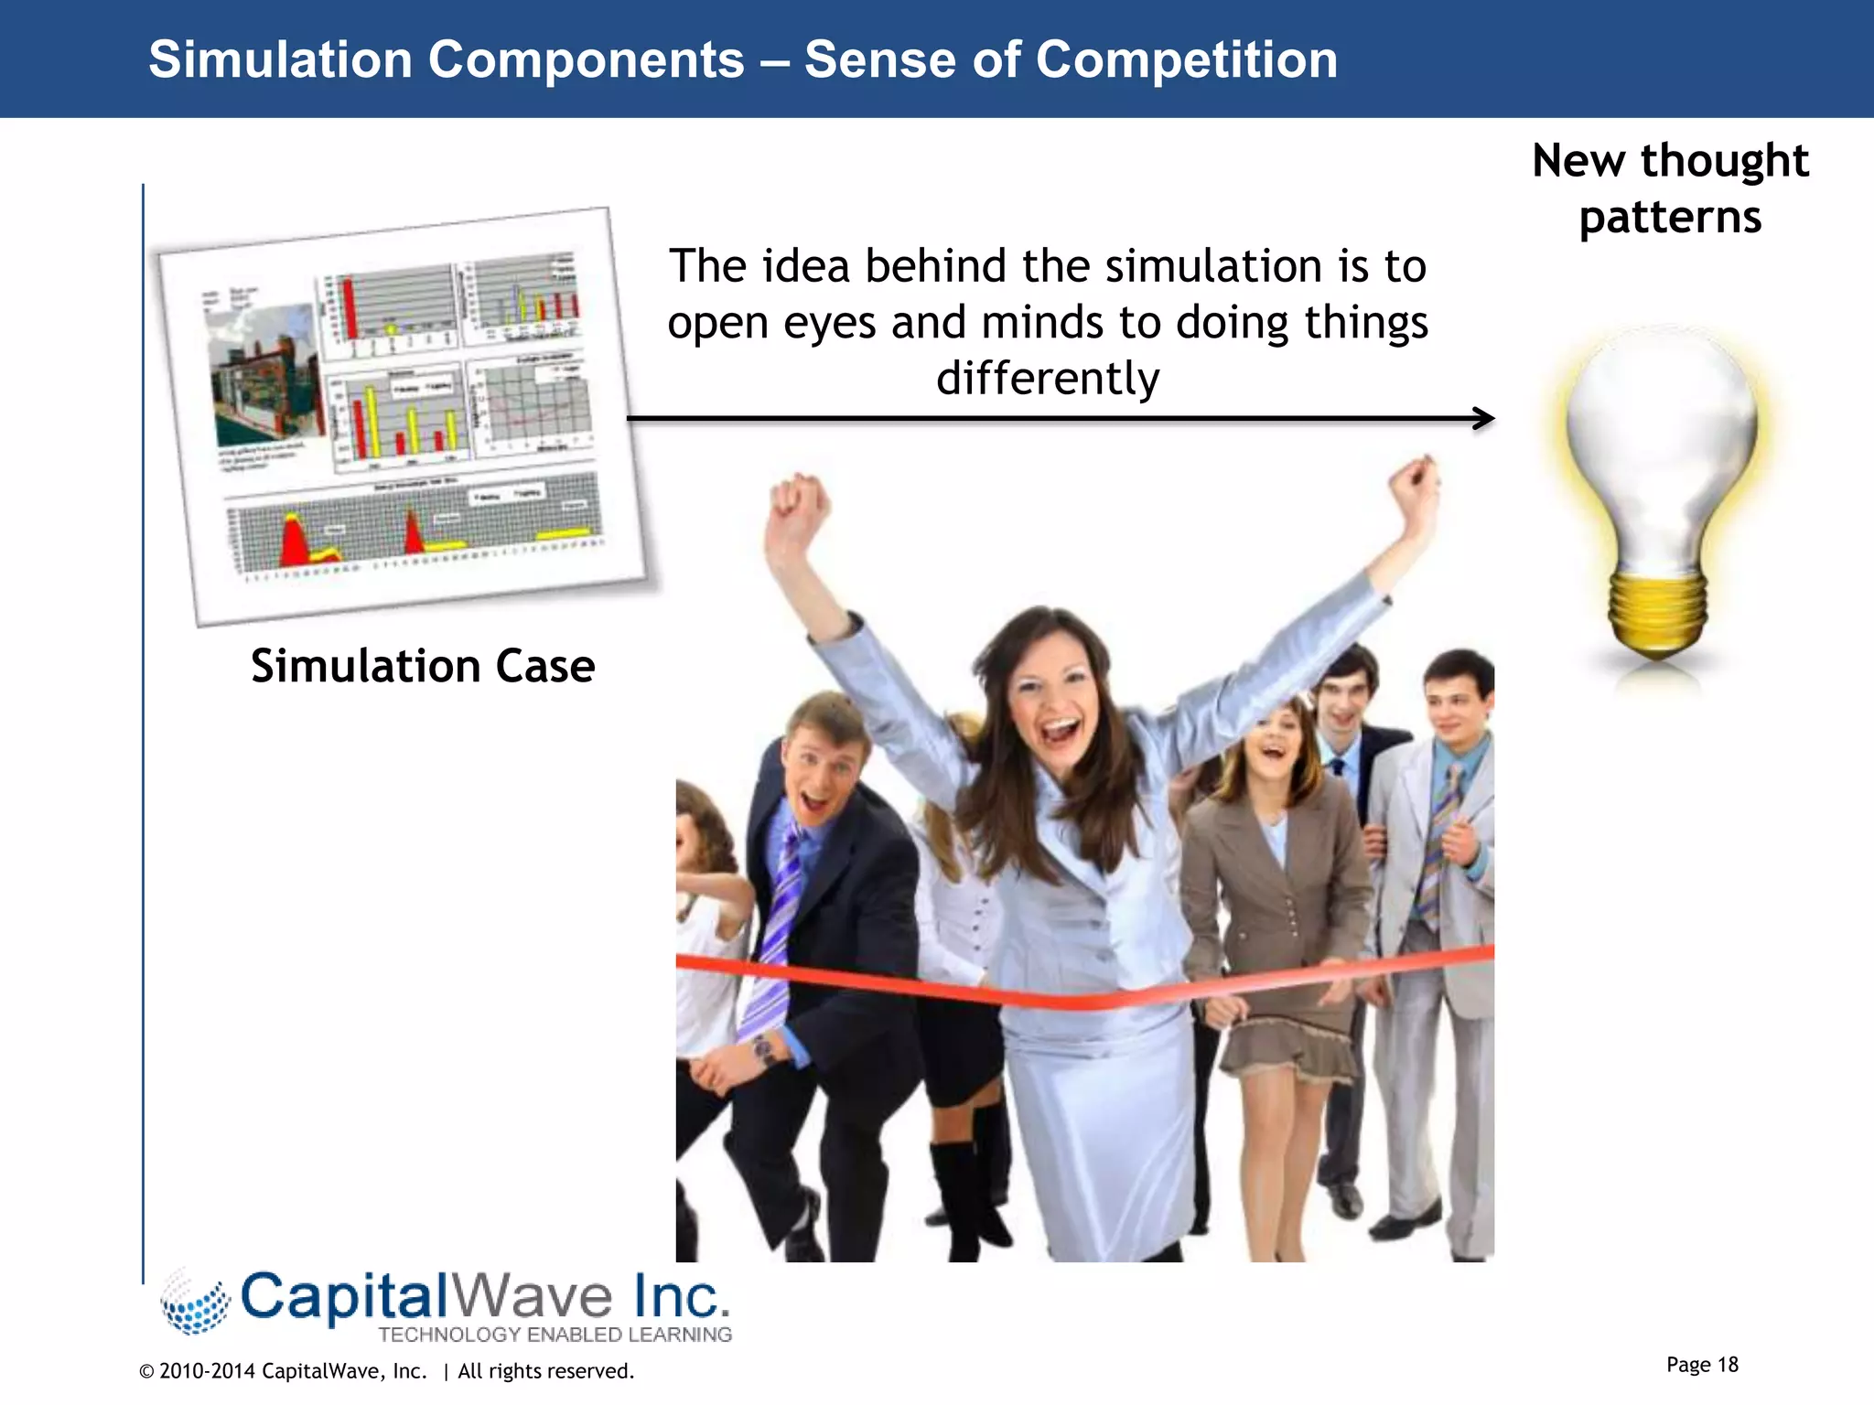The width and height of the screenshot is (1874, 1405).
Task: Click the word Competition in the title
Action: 1186,60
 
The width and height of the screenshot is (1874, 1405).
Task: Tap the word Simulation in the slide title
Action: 280,60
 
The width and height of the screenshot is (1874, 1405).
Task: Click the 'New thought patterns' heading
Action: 1670,188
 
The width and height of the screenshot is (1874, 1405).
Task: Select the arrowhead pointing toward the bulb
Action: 1484,419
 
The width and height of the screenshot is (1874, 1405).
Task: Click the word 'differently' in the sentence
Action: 1048,379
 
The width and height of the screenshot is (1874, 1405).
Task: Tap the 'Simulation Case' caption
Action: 423,666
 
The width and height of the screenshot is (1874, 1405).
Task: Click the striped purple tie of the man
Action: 778,924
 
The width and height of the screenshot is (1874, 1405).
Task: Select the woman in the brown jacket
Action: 1276,878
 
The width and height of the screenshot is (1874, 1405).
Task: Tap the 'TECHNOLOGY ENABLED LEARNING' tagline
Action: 555,1335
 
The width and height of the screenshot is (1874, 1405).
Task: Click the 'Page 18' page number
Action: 1701,1365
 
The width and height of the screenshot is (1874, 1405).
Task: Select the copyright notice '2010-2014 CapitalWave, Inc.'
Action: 293,1371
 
